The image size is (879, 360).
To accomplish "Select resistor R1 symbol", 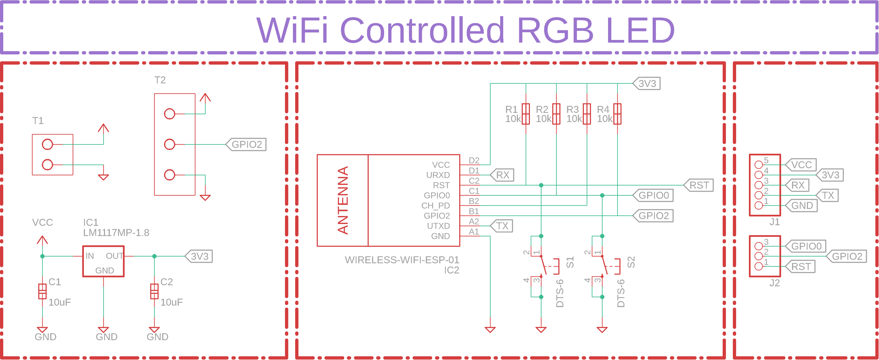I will [x=526, y=114].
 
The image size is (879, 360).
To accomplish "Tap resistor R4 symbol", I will [x=617, y=114].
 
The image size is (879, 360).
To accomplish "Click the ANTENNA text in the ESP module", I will [x=343, y=200].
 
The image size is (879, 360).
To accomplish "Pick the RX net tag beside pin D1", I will [x=503, y=175].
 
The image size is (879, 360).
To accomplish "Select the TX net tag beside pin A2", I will [x=502, y=226].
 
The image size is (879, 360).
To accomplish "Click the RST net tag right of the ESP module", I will [x=699, y=185].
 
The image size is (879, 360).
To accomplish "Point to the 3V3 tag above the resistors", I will [x=647, y=83].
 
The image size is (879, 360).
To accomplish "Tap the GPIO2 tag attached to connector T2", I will [x=247, y=144].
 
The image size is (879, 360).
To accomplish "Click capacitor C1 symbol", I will [x=42, y=292].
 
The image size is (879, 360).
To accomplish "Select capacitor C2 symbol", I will [x=154, y=292].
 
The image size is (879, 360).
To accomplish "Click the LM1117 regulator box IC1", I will [x=103, y=261].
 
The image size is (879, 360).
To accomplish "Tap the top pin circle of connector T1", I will [x=47, y=144].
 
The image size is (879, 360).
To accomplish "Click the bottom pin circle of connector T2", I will [x=169, y=175].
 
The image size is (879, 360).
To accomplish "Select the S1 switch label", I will [x=570, y=262].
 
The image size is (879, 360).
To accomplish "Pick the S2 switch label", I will [x=631, y=262].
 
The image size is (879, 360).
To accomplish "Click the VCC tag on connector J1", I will [x=801, y=165].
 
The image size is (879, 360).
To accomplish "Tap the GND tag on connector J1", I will [x=802, y=205].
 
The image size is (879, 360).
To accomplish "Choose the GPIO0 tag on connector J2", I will [x=806, y=246].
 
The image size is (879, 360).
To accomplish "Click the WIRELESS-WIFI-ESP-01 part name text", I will [x=402, y=260].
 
